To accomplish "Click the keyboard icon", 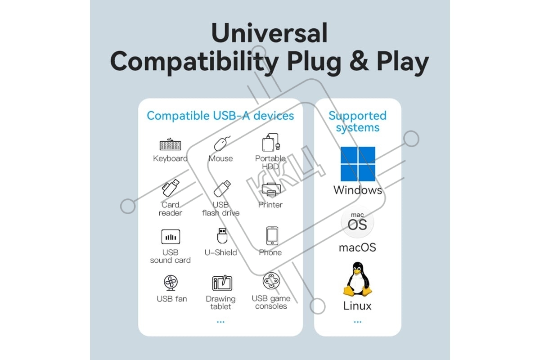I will pos(170,145).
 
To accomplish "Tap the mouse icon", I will pos(221,144).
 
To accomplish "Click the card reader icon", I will pos(170,188).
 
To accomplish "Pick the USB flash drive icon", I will pos(222,188).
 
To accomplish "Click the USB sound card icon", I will pos(171,237).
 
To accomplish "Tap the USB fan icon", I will pos(171,283).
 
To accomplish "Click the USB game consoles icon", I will pos(271,281).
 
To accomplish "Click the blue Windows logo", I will pos(358,164).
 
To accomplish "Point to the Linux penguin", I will pos(358,279).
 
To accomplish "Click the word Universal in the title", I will pos(269,33).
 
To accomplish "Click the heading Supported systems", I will pos(357,121).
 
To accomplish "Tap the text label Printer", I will pos(270,205).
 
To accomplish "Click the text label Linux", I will pos(357,306).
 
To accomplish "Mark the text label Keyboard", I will pos(170,158).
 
